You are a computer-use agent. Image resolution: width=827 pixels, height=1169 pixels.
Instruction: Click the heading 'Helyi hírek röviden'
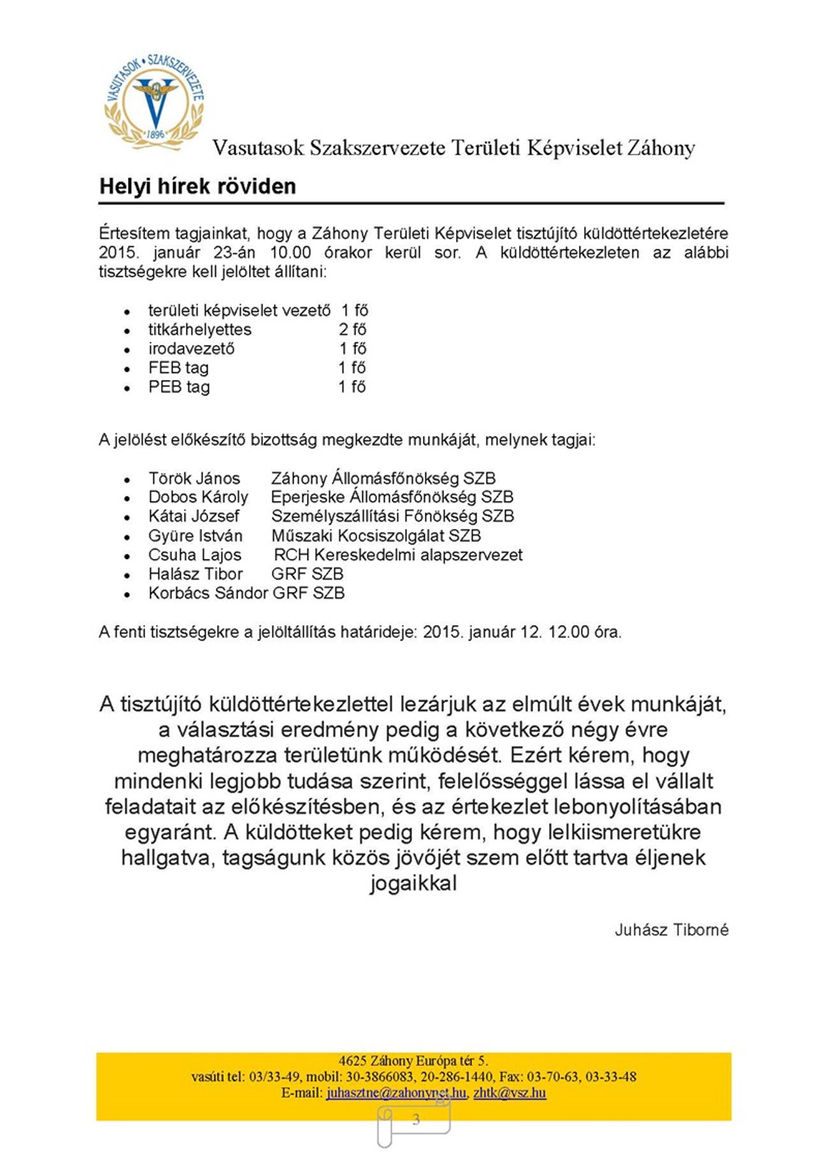[x=197, y=186]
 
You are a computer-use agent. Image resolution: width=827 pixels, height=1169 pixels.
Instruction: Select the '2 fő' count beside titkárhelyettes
[x=352, y=330]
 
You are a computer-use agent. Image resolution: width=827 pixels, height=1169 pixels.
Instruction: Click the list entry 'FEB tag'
[x=179, y=368]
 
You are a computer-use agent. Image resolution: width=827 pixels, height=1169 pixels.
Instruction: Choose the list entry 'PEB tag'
[x=179, y=387]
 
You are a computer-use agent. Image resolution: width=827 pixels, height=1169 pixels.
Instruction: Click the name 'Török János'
[x=194, y=478]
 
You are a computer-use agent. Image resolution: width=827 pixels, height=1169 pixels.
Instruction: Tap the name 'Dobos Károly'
[x=198, y=497]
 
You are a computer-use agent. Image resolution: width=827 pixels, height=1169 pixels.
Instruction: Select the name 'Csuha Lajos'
[x=195, y=555]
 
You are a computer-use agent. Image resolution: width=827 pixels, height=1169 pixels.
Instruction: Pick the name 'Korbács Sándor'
[x=208, y=593]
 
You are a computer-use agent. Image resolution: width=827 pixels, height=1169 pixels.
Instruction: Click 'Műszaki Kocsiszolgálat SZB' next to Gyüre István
[x=376, y=536]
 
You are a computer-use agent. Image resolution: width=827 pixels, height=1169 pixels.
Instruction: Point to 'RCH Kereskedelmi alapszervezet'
[x=398, y=555]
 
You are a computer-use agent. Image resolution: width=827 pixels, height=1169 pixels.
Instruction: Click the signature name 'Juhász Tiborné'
[x=672, y=930]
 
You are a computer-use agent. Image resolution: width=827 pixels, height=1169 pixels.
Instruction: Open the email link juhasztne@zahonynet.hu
[x=396, y=1092]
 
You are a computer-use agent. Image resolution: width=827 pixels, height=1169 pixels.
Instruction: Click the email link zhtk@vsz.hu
[x=509, y=1092]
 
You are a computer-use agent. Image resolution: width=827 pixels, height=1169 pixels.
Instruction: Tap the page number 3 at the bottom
[x=416, y=1119]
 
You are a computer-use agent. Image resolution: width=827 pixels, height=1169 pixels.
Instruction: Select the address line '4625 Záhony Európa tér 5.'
[x=413, y=1060]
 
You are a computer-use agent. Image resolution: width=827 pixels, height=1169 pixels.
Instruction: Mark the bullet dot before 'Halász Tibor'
[x=127, y=575]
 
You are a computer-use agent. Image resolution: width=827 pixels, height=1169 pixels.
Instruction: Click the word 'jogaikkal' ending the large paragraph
[x=413, y=883]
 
